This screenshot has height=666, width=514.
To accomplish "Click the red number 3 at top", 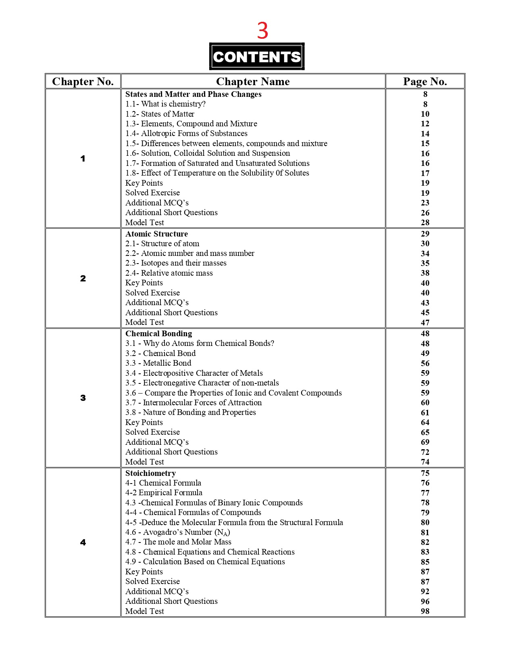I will [x=262, y=31].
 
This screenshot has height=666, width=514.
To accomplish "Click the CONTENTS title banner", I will [x=257, y=57].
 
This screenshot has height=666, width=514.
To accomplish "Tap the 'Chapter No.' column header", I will [x=83, y=82].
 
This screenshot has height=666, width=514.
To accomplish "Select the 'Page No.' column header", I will [x=425, y=82].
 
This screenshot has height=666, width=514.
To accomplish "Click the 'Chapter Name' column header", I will [x=253, y=82].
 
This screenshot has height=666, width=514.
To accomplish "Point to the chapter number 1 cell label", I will [x=83, y=159].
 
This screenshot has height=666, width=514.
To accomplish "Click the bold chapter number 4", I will [x=83, y=542].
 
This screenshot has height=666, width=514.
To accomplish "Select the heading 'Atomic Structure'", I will [x=156, y=234].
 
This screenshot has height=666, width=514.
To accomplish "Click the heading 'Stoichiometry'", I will [x=150, y=473].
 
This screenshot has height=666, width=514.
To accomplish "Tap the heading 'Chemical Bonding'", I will [x=158, y=333].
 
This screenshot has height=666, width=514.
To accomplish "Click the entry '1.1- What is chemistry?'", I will [x=165, y=104].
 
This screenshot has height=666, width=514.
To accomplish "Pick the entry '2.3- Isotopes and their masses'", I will [x=176, y=263].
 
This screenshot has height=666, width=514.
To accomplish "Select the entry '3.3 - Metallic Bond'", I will [x=158, y=363].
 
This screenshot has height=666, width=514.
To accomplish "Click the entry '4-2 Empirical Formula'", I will [x=164, y=493].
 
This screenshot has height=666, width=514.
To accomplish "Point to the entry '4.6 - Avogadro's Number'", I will [x=177, y=532].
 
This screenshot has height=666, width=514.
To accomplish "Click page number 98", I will [x=425, y=611].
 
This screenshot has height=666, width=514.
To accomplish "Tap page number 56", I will [x=425, y=363].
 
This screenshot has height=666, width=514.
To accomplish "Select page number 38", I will [x=425, y=273].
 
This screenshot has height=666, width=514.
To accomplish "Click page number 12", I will [x=425, y=124].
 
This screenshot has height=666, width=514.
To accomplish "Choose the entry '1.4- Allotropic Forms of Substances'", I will [x=186, y=134].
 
